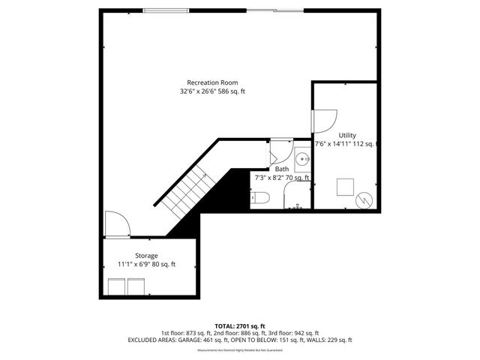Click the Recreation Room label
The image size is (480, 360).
(212, 82)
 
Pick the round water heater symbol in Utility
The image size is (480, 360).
(364, 199)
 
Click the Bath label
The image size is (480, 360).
(282, 169)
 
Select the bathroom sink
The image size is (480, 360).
(302, 160)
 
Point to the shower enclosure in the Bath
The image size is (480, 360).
(298, 196)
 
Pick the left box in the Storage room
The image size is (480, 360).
(116, 286)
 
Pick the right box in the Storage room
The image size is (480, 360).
(136, 286)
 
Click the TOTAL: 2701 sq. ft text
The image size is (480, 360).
(239, 325)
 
